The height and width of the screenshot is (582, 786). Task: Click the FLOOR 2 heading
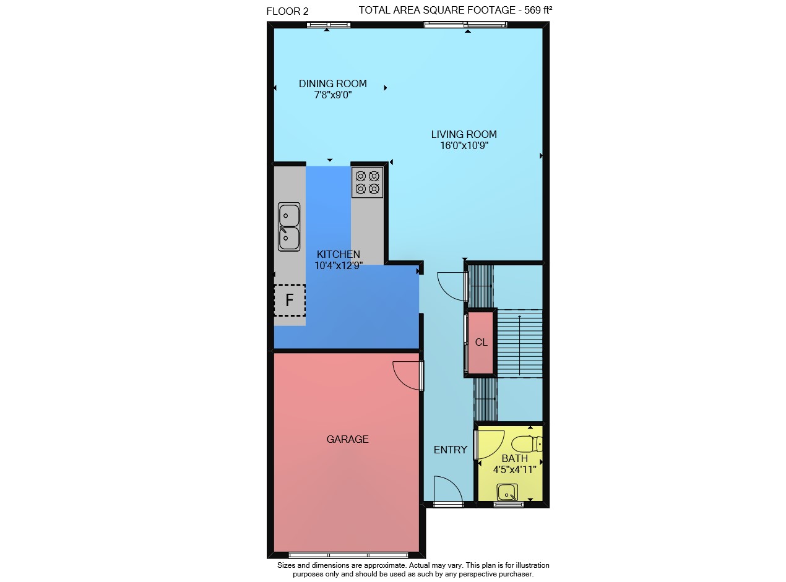287,12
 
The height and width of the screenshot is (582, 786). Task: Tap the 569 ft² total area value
538,10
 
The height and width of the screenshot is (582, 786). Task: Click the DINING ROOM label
333,83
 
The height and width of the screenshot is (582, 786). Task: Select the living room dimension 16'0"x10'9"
464,145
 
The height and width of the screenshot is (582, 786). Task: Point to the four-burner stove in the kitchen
367,182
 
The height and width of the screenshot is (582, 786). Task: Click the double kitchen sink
289,227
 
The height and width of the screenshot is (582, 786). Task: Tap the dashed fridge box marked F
290,300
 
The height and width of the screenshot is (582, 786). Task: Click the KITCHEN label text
339,254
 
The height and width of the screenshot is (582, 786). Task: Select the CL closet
480,343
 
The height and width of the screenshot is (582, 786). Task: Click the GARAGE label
347,439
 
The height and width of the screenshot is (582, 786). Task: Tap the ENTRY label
451,450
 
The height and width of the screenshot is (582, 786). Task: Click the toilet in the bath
527,444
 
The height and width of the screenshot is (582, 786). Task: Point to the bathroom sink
507,493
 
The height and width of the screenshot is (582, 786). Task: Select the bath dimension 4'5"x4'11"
514,469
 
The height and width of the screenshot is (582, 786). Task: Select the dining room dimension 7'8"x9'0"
333,95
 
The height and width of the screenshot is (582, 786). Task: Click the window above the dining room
329,25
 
